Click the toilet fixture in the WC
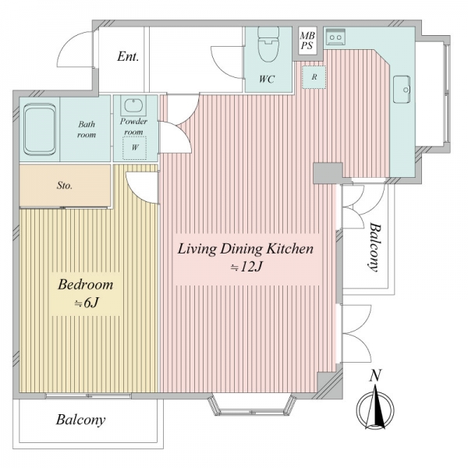pos(268,44)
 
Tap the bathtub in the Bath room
pos(40,129)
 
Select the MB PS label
pos(307,41)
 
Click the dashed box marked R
pos(314,77)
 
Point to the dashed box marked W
pos(135,147)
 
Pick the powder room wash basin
pos(133,105)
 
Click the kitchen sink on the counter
pos(402,90)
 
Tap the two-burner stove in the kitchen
pos(335,37)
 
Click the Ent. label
pos(128,56)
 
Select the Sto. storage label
pos(65,186)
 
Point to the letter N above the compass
pos(375,375)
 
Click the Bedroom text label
pos(85,285)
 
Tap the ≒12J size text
pos(246,267)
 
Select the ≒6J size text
pos(87,303)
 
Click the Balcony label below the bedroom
pos(80,420)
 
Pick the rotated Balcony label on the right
pos(375,247)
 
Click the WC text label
pos(267,79)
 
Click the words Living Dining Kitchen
pos(246,249)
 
